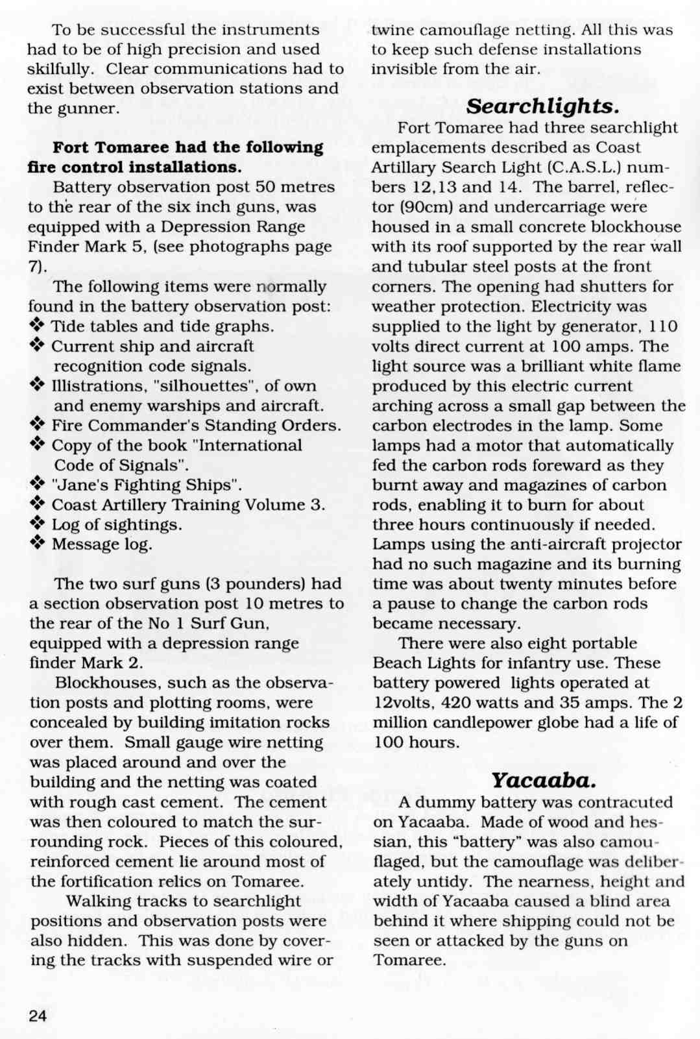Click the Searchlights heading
pos(542,105)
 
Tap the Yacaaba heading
pos(543,779)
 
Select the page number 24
pos(38,1016)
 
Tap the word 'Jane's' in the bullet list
pos(76,485)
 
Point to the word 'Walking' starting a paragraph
pos(98,901)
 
